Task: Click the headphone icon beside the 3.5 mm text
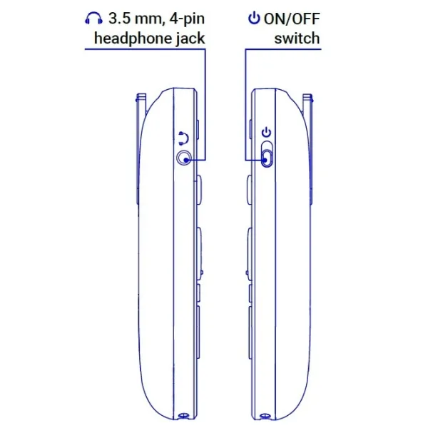[x=94, y=19]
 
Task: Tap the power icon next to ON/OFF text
[x=254, y=18]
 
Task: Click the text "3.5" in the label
[x=118, y=19]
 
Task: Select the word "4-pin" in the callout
[x=187, y=19]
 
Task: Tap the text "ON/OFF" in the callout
[x=292, y=19]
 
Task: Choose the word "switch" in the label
[x=297, y=39]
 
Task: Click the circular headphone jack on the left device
[x=184, y=158]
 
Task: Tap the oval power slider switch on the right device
[x=267, y=154]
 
